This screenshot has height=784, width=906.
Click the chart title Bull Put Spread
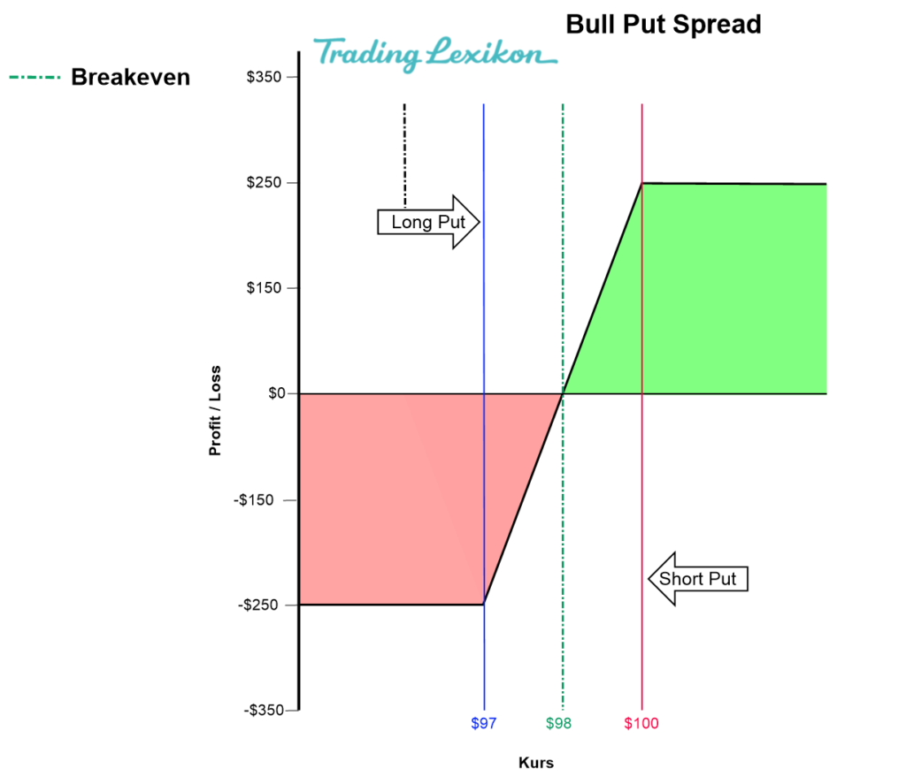tap(664, 24)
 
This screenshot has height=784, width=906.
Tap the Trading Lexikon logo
tap(434, 55)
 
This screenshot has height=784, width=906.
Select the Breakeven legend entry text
tap(130, 78)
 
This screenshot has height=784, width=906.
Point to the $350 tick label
tap(265, 78)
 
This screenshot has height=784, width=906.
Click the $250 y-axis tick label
tap(265, 183)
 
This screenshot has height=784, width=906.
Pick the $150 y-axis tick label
tap(265, 288)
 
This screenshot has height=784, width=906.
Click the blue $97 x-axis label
tap(484, 724)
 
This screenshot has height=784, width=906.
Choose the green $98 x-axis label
tap(559, 724)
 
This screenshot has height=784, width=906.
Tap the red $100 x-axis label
tap(641, 724)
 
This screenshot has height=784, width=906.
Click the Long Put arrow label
tap(428, 222)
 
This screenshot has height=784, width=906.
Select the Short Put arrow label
tap(698, 579)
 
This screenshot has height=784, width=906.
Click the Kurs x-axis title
tap(536, 762)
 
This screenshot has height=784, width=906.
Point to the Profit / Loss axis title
tap(215, 410)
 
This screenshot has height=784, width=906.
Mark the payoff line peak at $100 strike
tap(641, 183)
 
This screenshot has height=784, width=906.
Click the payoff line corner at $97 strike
tap(484, 605)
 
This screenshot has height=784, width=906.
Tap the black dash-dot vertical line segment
tap(404, 155)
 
